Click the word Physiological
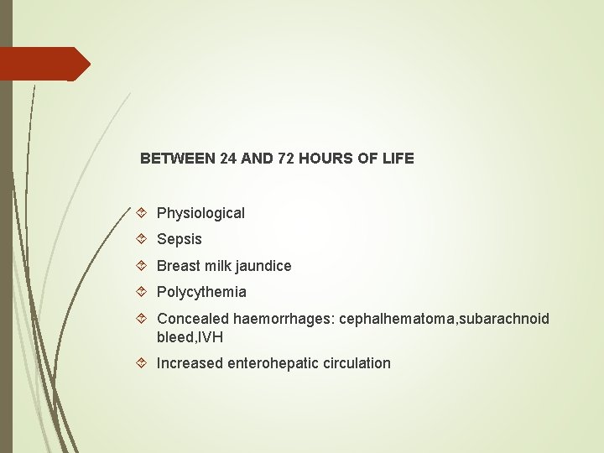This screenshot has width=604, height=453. tap(200, 213)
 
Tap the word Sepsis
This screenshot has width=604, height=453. tap(180, 239)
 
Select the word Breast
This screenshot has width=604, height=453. tap(178, 266)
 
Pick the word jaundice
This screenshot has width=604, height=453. tap(263, 266)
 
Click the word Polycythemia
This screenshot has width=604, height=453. tap(201, 292)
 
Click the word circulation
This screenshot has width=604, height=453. tap(356, 363)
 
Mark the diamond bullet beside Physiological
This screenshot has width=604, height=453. tap(143, 213)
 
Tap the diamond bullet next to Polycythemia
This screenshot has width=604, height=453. tap(143, 292)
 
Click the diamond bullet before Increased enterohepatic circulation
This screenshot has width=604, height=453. tap(143, 363)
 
